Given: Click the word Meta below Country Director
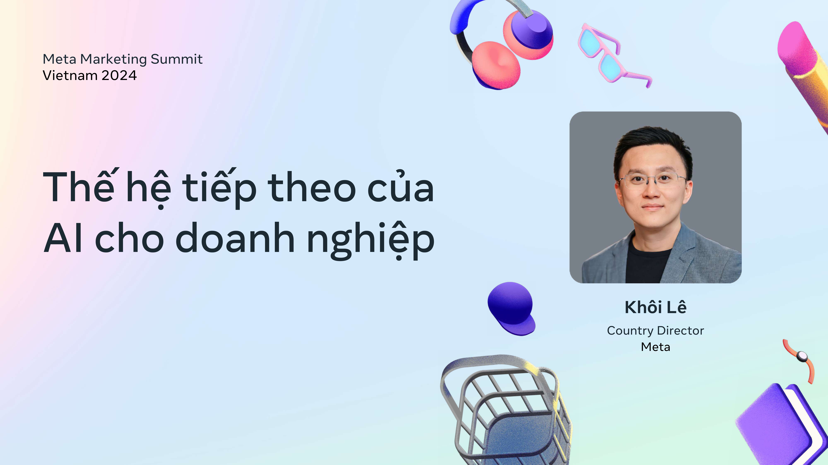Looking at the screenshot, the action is [x=655, y=347].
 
